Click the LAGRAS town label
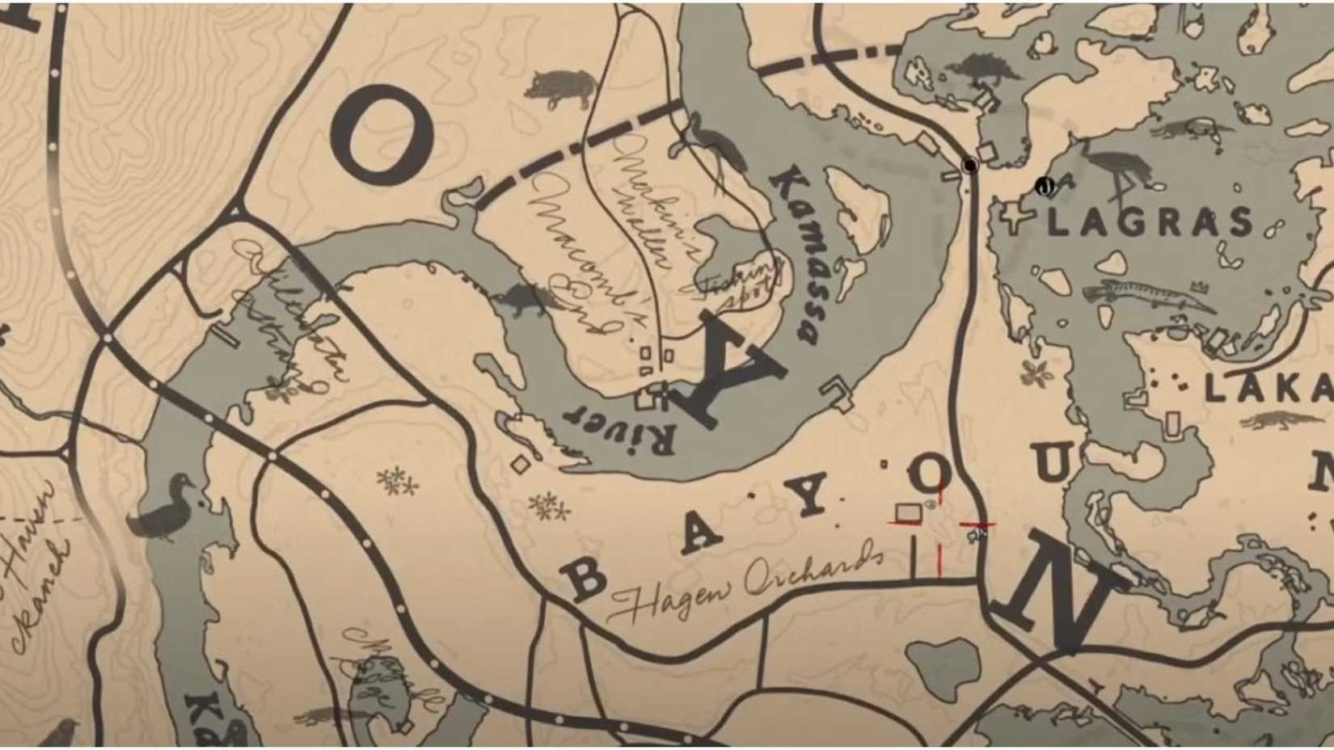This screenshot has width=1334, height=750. pyautogui.click(x=1150, y=221)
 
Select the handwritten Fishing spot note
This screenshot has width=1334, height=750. pyautogui.click(x=740, y=283)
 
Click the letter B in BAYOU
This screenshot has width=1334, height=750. pyautogui.click(x=584, y=577)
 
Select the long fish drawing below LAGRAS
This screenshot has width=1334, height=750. pyautogui.click(x=1148, y=297)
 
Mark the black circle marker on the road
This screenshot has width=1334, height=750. pyautogui.click(x=969, y=166)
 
